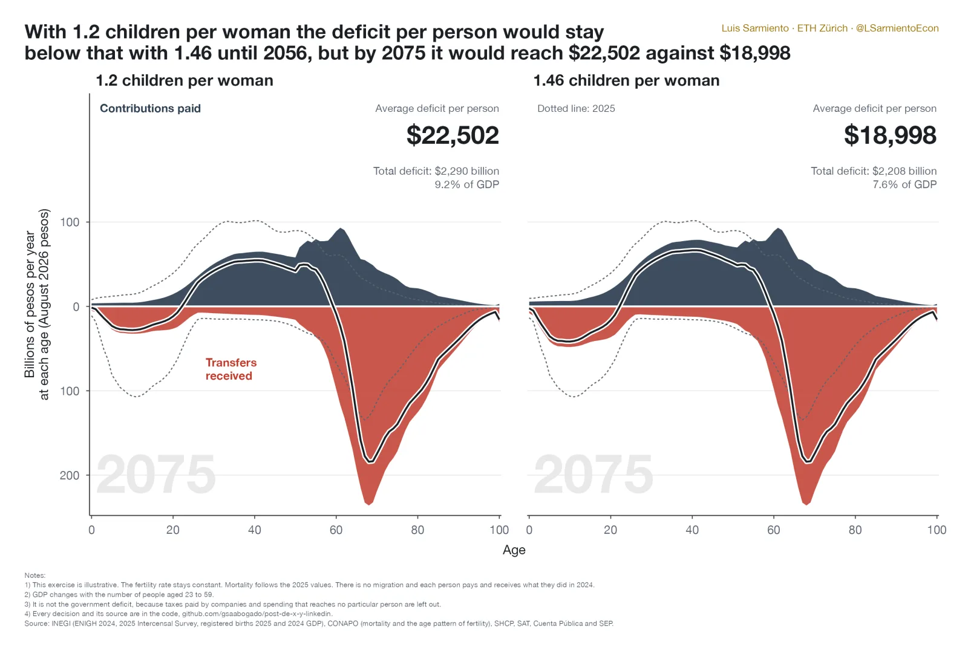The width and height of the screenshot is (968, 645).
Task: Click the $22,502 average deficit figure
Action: [453, 135]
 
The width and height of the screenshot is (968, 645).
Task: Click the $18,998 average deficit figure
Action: [890, 135]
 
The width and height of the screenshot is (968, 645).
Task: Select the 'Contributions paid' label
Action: [151, 108]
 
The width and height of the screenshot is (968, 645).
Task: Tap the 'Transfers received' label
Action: [231, 369]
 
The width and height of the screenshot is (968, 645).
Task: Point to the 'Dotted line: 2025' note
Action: [576, 108]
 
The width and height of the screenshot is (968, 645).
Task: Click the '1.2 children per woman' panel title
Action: [185, 81]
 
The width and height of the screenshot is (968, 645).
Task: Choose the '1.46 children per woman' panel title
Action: [627, 81]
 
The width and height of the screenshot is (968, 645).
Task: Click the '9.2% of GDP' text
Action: [466, 185]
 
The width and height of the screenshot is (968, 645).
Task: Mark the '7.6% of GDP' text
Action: [904, 185]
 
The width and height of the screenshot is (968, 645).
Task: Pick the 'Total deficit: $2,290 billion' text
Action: [436, 171]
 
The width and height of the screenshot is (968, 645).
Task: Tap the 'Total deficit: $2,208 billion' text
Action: [874, 171]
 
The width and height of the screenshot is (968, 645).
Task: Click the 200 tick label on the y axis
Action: [70, 475]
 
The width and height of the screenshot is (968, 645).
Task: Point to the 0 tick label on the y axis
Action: [76, 307]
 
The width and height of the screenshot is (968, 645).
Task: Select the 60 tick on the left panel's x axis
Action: [336, 530]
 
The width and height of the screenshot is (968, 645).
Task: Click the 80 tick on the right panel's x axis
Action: [855, 530]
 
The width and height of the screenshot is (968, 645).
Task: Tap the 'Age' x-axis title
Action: [514, 550]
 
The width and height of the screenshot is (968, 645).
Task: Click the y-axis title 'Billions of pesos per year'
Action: [30, 305]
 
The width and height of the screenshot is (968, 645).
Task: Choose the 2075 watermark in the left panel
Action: [156, 475]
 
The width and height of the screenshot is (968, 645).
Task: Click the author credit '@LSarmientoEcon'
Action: [897, 28]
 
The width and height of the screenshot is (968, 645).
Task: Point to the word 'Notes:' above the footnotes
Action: [35, 575]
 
